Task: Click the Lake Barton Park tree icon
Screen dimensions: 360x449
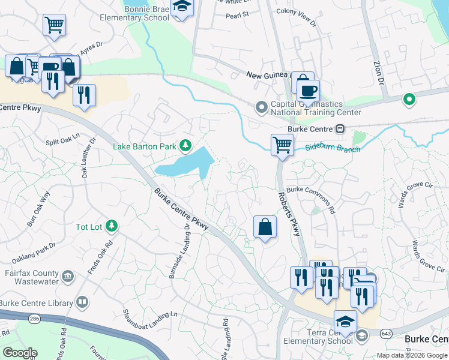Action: pyautogui.click(x=186, y=145)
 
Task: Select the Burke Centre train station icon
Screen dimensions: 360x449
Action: pyautogui.click(x=340, y=128)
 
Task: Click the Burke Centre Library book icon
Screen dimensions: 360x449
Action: pyautogui.click(x=82, y=302)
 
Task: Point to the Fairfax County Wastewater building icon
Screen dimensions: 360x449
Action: pyautogui.click(x=68, y=277)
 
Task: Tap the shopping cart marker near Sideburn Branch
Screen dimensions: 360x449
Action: pyautogui.click(x=282, y=144)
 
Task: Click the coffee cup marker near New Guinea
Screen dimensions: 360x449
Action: pyautogui.click(x=308, y=91)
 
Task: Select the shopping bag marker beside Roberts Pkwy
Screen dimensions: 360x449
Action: pyautogui.click(x=265, y=227)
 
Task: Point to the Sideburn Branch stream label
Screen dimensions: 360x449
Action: pyautogui.click(x=333, y=148)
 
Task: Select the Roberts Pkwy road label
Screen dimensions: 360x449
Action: pyautogui.click(x=288, y=214)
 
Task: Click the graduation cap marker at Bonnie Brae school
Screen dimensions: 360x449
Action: pyautogui.click(x=181, y=7)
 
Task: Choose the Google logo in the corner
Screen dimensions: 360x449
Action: pyautogui.click(x=20, y=353)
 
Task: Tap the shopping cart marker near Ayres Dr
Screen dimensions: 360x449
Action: pyautogui.click(x=54, y=25)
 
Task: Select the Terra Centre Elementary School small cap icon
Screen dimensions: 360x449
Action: pyautogui.click(x=361, y=335)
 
